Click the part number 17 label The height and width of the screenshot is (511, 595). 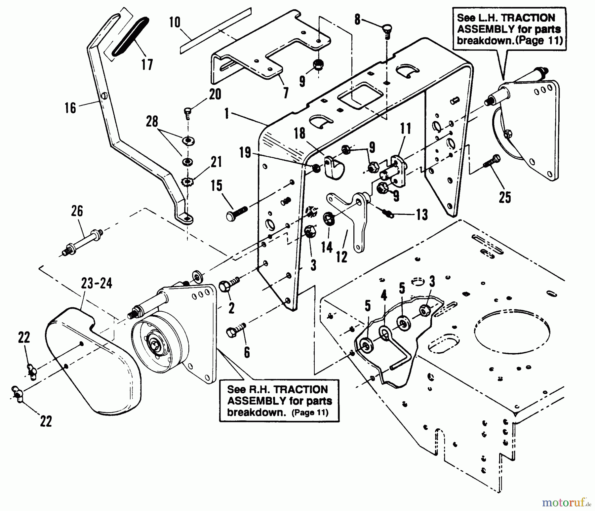pos(147,64)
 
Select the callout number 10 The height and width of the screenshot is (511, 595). pos(175,22)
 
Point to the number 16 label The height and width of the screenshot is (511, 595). pos(70,108)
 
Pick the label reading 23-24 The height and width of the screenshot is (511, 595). pos(97,284)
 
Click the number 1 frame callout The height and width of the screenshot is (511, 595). pos(226,113)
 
